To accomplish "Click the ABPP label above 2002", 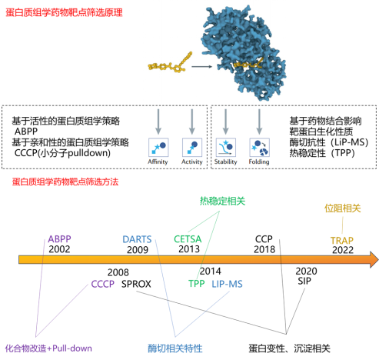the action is pos(59,239).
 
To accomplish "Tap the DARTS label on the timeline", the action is pos(137,239).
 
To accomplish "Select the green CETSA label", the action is pos(188,239).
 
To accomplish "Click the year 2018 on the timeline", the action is pos(264,249).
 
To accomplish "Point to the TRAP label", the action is pos(342,240).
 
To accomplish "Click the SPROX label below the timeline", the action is pos(136,284).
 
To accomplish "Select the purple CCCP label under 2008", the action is pos(103,284).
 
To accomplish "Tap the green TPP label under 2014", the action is pos(197,284).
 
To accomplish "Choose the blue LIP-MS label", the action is pos(227,284).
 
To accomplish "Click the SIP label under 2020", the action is pos(304,281).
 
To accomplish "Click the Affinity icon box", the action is pos(158,148).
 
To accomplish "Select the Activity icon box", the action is pos(192,148).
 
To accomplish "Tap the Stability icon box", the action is pos(226,148).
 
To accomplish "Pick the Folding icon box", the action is pos(259,148).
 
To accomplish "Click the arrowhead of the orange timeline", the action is pos(374,259).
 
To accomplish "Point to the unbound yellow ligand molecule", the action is pos(170,63).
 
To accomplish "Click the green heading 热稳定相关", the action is pos(222,201).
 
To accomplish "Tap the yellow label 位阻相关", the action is pos(343,208).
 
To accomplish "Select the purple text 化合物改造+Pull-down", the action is pos(48,348).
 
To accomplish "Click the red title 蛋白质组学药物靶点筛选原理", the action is pos(64,12).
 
